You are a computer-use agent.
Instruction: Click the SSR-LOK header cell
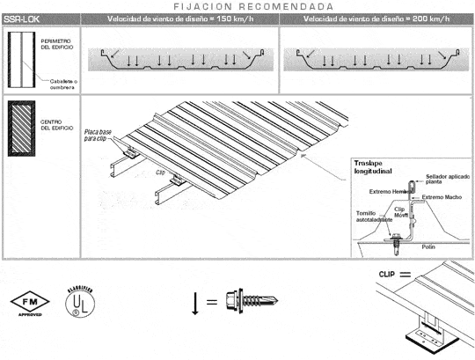pyautogui.click(x=21, y=18)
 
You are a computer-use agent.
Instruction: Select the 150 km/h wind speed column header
pyautogui.click(x=179, y=18)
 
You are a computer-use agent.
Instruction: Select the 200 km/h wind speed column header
pyautogui.click(x=376, y=18)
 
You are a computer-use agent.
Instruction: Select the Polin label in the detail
pyautogui.click(x=428, y=246)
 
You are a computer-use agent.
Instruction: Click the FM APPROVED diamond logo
pyautogui.click(x=27, y=299)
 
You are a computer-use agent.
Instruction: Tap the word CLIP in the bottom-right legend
pyautogui.click(x=387, y=274)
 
